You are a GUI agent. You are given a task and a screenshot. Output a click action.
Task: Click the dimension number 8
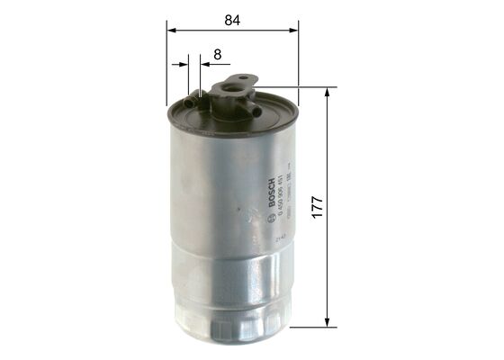tap(217, 55)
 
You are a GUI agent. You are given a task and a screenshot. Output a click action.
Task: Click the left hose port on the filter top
tap(190, 105)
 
